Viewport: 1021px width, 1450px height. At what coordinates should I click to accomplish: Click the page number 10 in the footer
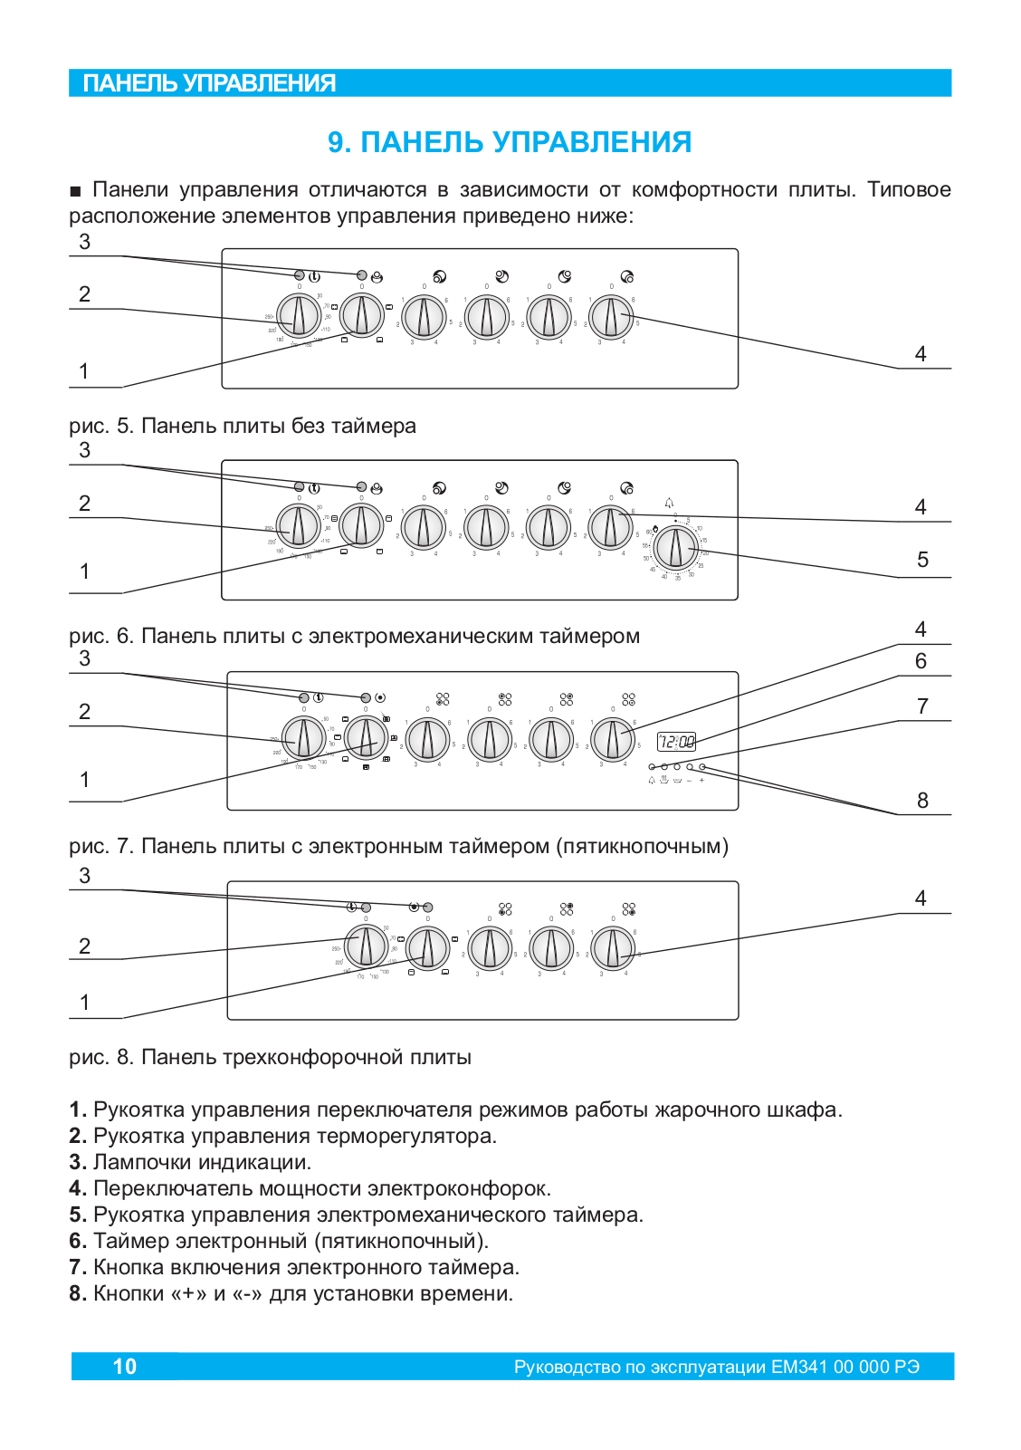coord(125,1366)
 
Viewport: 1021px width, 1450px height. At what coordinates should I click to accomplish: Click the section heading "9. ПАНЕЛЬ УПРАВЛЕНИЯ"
coord(510,142)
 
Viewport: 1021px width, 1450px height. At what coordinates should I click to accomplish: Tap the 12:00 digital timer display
coord(676,742)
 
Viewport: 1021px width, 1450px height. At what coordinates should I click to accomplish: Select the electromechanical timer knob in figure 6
coord(674,547)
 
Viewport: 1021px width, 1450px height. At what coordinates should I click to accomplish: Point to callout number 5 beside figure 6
coord(922,560)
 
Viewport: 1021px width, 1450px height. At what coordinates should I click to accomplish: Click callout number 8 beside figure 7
coord(922,801)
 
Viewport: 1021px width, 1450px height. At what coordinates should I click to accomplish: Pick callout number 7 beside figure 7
coord(922,706)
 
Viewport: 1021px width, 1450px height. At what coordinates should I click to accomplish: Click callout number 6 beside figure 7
coord(921,661)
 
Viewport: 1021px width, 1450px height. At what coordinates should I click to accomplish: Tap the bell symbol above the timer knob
coord(669,503)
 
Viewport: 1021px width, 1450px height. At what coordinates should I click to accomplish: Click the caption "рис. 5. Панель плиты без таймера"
coord(243,426)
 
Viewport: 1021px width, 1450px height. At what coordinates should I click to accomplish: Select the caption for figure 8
coord(270,1057)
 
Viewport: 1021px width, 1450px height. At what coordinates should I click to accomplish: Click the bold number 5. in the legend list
coord(78,1215)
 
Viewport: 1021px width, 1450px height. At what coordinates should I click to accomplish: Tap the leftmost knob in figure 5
coord(298,316)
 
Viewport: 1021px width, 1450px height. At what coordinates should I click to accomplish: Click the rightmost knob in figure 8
coord(613,948)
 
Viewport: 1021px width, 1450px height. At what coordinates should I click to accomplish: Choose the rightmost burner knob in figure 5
coord(611,317)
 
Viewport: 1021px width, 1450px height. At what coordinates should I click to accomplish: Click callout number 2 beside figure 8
coord(84,946)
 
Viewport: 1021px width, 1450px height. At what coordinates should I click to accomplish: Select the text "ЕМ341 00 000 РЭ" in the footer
coord(845,1367)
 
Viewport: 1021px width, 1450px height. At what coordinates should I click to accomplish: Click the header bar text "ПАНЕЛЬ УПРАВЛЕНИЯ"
coord(209,83)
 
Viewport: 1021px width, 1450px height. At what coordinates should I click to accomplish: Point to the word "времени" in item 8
coord(472,1293)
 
